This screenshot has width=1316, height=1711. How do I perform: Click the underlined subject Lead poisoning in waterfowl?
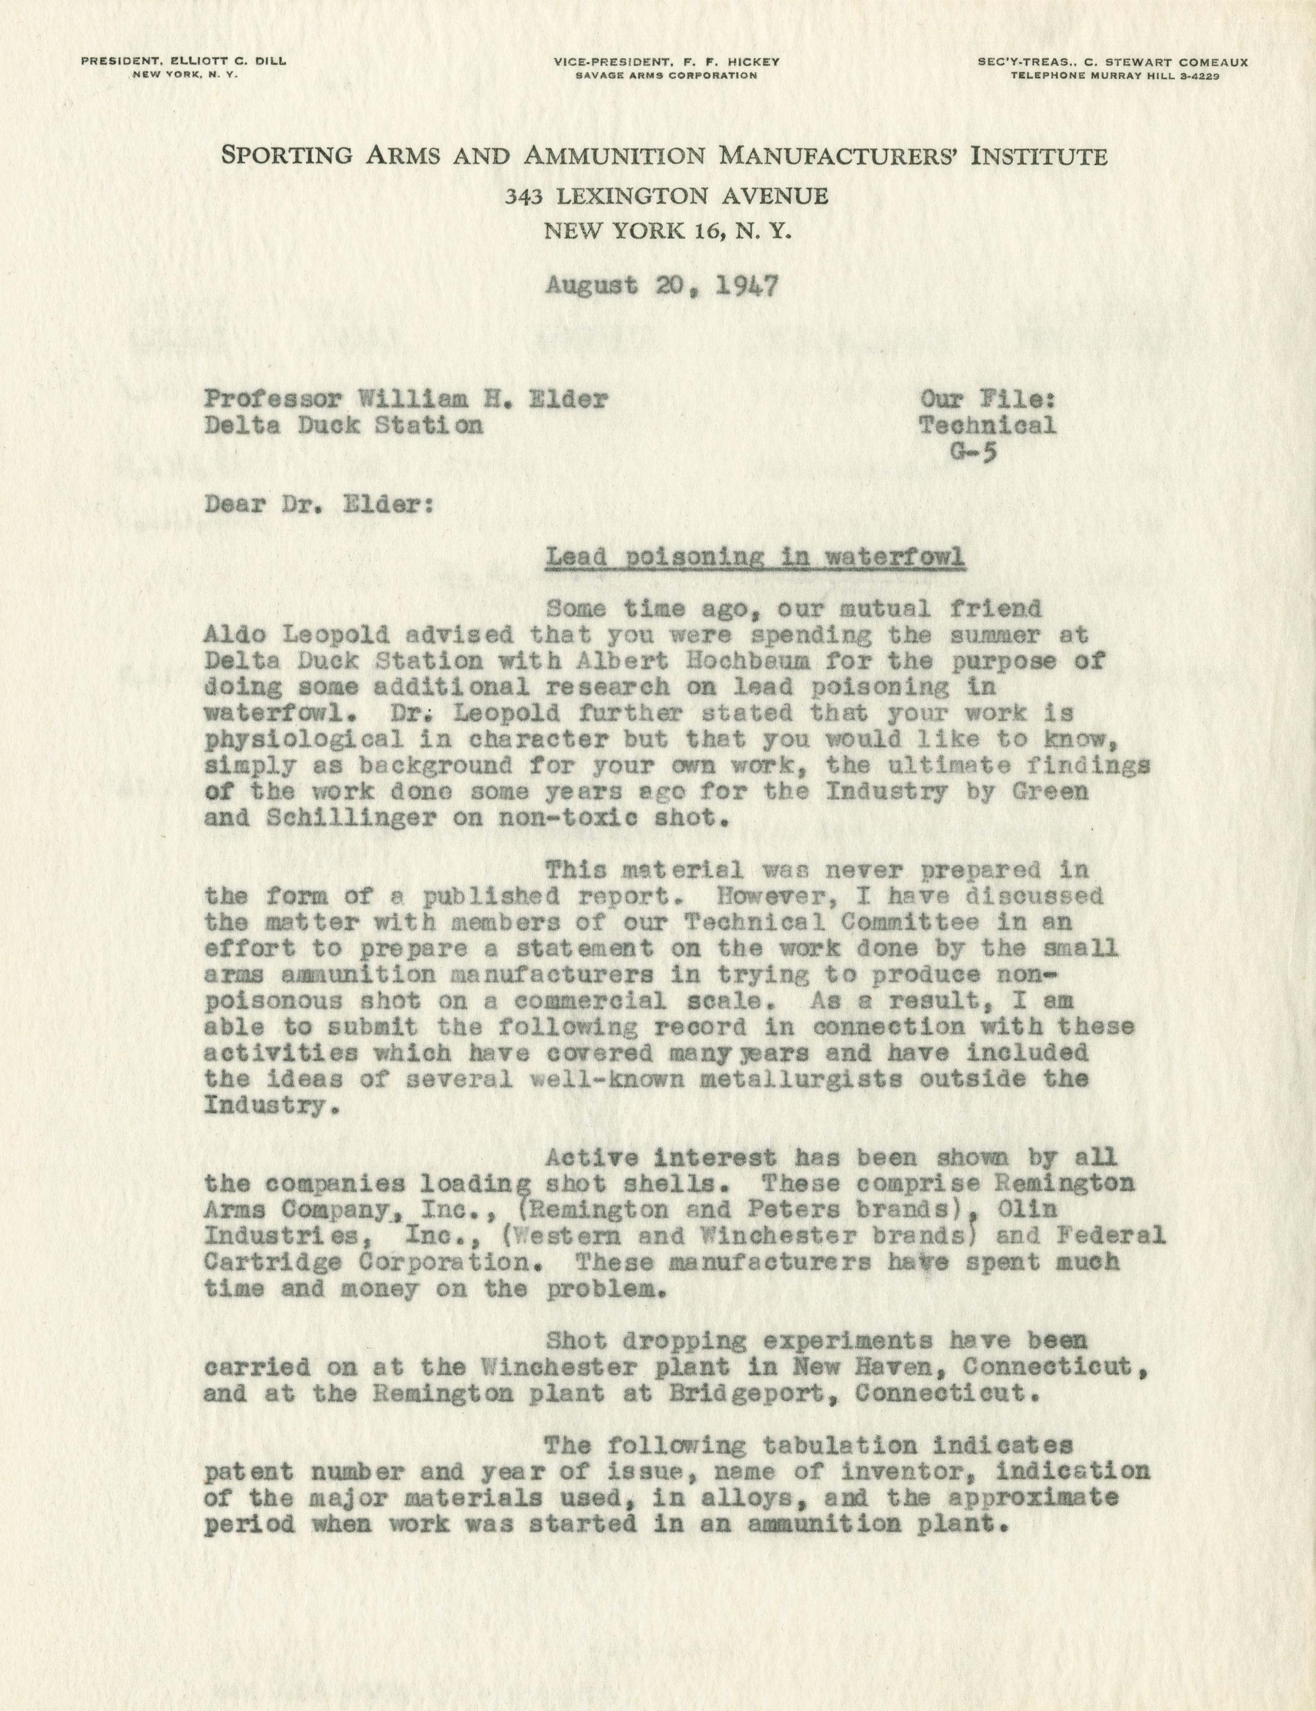[x=754, y=558]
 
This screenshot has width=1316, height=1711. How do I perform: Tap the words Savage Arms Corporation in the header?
[x=666, y=76]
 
